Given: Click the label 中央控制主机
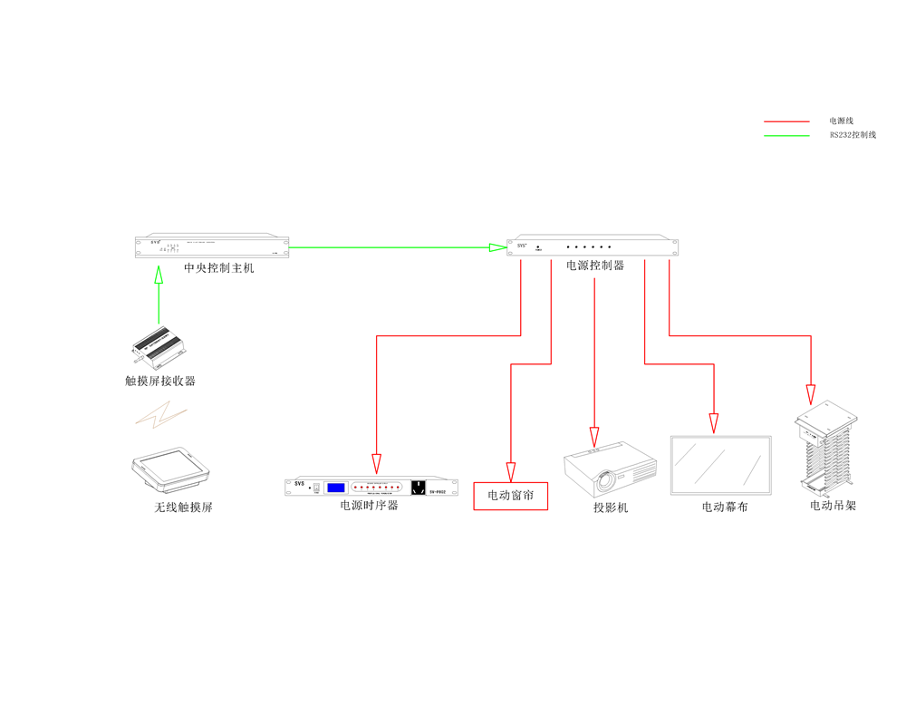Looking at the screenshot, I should pyautogui.click(x=219, y=267).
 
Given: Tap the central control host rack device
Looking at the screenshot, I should pyautogui.click(x=213, y=246).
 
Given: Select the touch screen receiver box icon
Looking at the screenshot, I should pyautogui.click(x=160, y=346).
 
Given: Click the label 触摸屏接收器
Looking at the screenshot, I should pyautogui.click(x=160, y=381).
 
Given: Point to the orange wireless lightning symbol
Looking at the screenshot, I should pyautogui.click(x=161, y=415).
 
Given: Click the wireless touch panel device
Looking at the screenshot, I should pyautogui.click(x=171, y=469).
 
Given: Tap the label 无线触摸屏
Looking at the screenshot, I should pyautogui.click(x=183, y=507).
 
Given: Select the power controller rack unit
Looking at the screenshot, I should pyautogui.click(x=593, y=246).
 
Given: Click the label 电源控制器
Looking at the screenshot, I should pyautogui.click(x=595, y=266).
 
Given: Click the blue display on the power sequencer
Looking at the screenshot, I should pyautogui.click(x=335, y=488).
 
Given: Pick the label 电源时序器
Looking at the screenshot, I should pyautogui.click(x=369, y=506).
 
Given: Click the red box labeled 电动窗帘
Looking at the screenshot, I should pyautogui.click(x=511, y=496).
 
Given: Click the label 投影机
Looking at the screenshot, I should pyautogui.click(x=611, y=507).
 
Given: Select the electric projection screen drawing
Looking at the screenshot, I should pyautogui.click(x=720, y=466).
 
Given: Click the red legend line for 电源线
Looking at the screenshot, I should pyautogui.click(x=786, y=121).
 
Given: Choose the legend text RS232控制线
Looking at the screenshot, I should pyautogui.click(x=853, y=135).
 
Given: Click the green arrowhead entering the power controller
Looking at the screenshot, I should pyautogui.click(x=497, y=246).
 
